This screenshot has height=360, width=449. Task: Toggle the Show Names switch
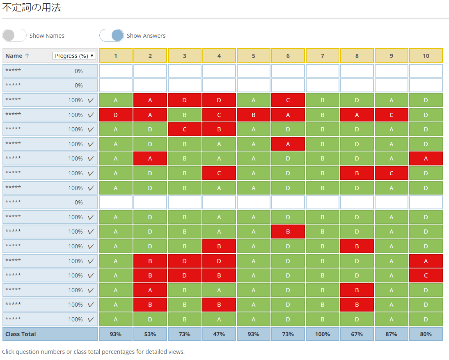click(14, 36)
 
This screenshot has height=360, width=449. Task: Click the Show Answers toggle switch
click(112, 36)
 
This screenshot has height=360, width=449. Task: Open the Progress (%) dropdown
click(74, 56)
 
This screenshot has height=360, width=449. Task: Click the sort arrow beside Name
click(27, 56)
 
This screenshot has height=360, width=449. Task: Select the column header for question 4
click(219, 56)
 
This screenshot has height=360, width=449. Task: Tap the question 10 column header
click(426, 56)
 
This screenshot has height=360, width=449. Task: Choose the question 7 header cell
click(323, 56)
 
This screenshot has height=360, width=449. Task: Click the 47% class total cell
click(219, 334)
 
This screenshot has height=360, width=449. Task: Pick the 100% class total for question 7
click(323, 334)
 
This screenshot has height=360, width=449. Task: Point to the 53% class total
click(150, 334)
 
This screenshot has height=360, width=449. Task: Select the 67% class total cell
click(357, 334)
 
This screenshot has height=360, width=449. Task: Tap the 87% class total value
click(392, 334)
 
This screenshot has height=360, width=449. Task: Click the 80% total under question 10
click(426, 334)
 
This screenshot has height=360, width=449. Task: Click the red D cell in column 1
click(116, 115)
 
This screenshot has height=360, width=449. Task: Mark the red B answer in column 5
click(253, 115)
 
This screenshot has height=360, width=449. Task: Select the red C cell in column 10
click(426, 275)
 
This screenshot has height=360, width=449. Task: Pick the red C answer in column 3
click(185, 129)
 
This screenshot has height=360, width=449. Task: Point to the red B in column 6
click(288, 232)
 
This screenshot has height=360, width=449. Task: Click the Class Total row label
click(21, 334)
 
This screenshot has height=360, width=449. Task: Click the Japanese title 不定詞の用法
click(32, 7)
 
